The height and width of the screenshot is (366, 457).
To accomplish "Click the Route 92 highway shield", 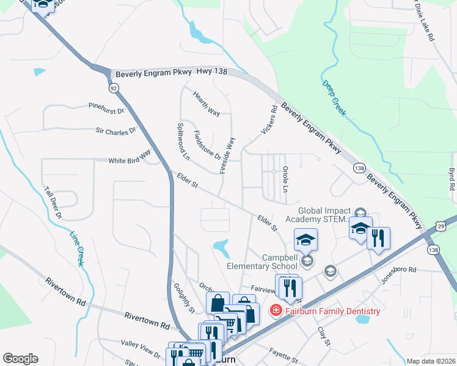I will tap(114, 88).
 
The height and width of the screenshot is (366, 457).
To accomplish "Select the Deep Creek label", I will tap(334, 98).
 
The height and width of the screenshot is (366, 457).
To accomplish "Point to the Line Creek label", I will tap(76, 249).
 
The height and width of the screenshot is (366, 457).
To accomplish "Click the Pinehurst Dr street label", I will tap(106, 112).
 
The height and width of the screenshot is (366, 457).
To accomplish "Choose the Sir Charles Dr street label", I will tap(115, 131).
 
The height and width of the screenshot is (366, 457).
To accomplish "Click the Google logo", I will tap(20, 359).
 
